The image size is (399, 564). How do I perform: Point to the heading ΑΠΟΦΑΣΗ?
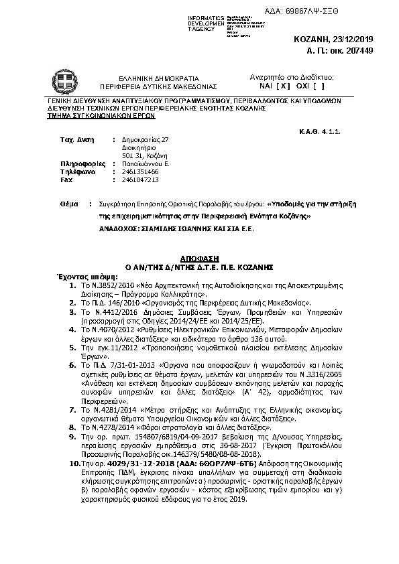199,257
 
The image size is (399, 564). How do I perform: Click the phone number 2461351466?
140,171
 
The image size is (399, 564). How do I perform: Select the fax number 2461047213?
140,180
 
